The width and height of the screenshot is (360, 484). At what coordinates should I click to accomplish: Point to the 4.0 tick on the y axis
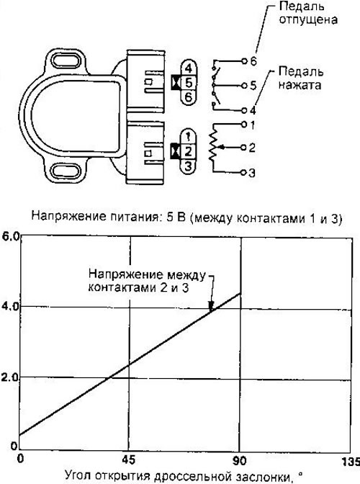point(11,306)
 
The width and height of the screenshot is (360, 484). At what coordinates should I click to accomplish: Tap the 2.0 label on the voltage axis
point(11,377)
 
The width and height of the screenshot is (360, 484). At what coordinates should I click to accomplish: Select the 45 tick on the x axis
point(128,460)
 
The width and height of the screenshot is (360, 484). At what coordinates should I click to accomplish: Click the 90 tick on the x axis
point(239,461)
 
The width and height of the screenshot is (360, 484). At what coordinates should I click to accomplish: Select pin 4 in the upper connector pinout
point(189,68)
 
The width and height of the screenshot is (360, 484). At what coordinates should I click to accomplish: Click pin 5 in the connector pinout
point(189,83)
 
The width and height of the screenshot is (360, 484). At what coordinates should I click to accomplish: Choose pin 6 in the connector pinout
point(189,97)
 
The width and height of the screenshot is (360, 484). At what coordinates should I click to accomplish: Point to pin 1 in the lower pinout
point(189,137)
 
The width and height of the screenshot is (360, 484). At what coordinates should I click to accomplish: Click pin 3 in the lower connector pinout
point(189,166)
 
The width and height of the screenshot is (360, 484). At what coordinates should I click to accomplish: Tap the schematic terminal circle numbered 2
point(244,148)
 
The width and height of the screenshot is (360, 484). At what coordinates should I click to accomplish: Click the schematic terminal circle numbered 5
point(244,85)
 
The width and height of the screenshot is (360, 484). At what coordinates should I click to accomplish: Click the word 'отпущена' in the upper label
point(308,19)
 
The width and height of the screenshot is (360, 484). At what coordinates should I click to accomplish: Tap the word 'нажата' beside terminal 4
point(300,84)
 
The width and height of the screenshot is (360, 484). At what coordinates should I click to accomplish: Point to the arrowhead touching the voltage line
point(211,307)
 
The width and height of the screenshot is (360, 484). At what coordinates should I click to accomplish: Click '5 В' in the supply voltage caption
point(176,217)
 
